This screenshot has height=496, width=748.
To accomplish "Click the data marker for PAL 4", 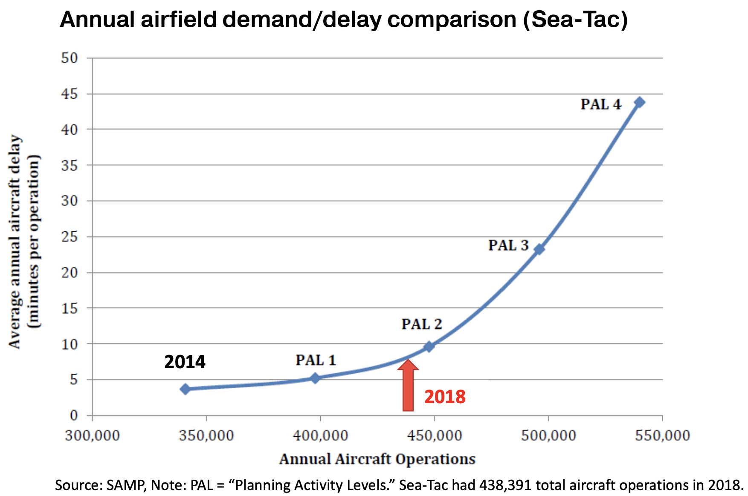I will point(639,102).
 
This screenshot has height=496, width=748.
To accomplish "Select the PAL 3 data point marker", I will point(539,249).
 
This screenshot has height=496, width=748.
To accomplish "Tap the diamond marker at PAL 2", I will point(429,346).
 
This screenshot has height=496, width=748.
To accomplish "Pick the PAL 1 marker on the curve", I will point(315,378).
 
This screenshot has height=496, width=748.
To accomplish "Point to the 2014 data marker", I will point(185,389).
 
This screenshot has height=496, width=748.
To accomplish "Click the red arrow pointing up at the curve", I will point(408,386).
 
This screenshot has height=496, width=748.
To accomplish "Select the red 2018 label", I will point(445,397).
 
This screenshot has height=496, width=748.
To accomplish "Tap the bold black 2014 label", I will point(185,362).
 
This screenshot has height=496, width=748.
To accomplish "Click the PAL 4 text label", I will point(601,104).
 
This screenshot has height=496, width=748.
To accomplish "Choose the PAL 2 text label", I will point(422,324).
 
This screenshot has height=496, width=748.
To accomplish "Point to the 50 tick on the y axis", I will point(70,58).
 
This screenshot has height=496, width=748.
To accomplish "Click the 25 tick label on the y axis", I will point(70,236).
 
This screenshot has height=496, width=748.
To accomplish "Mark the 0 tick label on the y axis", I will point(74,415).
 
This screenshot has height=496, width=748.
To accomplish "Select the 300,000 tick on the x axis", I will point(93,435).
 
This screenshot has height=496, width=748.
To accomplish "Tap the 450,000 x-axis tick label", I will point(435,435).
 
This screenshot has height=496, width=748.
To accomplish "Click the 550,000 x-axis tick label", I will point(662,435).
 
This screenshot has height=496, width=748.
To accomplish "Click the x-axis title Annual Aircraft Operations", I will point(377,459).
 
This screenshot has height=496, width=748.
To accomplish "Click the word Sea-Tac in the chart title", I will point(576,20).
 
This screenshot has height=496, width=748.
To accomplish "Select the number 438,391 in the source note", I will point(506,485).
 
